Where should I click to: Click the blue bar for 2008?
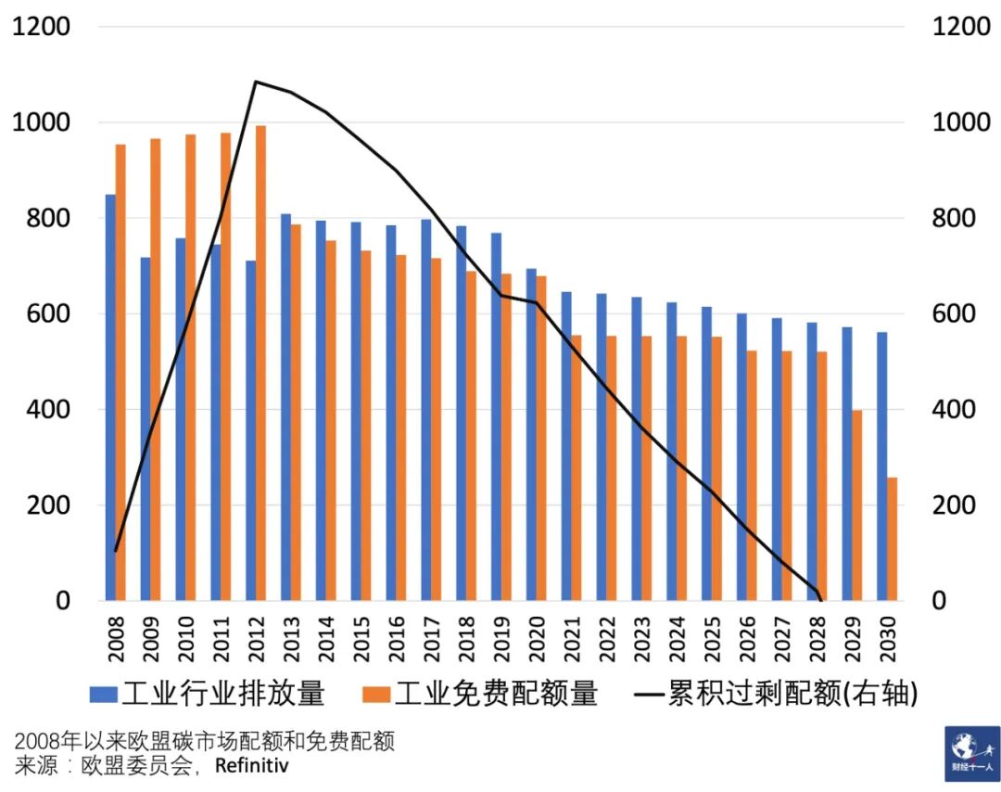[110, 399]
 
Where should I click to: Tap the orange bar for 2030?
[893, 539]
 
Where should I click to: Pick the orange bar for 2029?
[857, 505]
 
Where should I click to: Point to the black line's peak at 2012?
[256, 83]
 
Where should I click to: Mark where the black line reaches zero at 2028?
[820, 599]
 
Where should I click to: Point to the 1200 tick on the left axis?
[41, 27]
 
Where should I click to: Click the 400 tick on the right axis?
[955, 410]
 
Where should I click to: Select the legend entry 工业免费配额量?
[481, 693]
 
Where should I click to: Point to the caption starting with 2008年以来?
[205, 741]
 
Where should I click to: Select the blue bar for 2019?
[496, 417]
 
